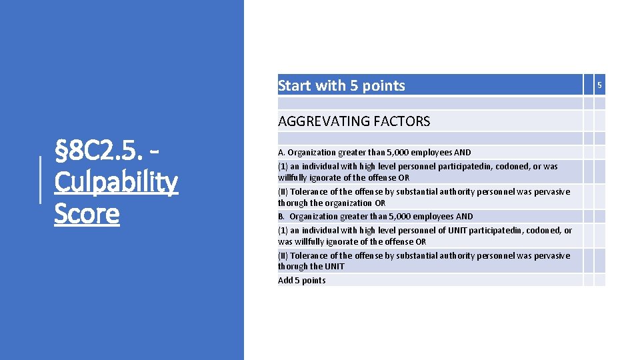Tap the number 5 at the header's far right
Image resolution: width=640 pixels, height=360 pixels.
click(x=599, y=85)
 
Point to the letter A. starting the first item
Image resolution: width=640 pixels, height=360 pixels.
click(x=281, y=153)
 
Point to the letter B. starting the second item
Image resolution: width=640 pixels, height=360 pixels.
click(x=281, y=217)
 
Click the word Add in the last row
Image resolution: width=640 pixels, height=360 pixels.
click(x=285, y=281)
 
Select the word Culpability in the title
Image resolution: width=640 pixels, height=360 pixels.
click(x=116, y=182)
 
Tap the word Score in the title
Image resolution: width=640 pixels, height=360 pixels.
click(x=87, y=214)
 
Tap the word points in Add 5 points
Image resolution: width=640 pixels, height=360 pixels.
click(x=313, y=281)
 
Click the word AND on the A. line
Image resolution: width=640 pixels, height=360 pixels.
click(x=462, y=153)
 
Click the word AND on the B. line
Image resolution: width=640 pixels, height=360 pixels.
click(x=464, y=217)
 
